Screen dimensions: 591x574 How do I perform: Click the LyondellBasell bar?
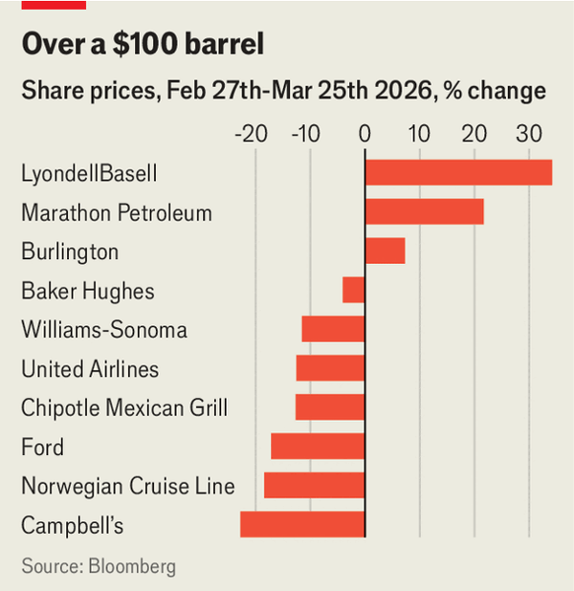pos(458,172)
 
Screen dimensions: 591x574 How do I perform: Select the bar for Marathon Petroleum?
pos(424,211)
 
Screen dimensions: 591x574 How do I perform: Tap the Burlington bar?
pos(385,251)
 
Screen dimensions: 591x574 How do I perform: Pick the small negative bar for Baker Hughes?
pos(354,290)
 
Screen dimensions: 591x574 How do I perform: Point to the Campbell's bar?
pos(302,525)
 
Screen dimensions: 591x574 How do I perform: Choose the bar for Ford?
pos(318,447)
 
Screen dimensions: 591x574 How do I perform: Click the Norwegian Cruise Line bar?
pos(314,486)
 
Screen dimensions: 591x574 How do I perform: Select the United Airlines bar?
pos(330,368)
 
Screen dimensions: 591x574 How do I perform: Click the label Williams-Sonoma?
pos(104,330)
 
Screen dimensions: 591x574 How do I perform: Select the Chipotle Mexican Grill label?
pos(124,408)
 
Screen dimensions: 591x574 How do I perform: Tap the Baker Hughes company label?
pos(88,291)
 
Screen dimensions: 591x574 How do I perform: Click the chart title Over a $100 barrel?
pos(143,45)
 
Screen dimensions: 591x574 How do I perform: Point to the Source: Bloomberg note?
pos(99,566)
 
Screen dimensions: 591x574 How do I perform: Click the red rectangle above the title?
pos(54,5)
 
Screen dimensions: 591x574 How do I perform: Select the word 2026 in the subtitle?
pos(437,92)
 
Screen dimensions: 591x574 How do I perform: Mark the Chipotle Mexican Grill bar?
pos(330,407)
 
